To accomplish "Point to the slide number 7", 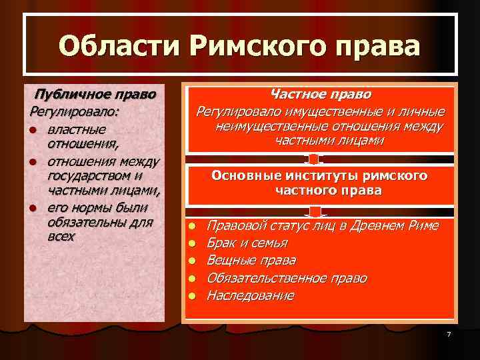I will [449, 333].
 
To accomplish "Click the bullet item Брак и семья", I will [247, 243].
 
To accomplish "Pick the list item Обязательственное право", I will [287, 277].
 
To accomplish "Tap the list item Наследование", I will [250, 295].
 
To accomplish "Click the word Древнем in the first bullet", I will [377, 225].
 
